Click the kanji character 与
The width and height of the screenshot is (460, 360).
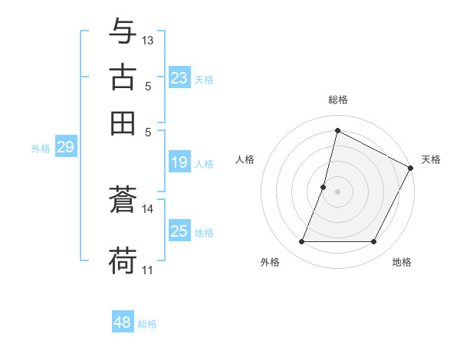click(123, 33)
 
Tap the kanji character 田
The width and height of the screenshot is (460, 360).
click(123, 123)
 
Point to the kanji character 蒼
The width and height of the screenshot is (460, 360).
click(123, 201)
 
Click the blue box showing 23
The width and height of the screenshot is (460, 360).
click(179, 78)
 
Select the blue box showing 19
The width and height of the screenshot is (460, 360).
click(179, 162)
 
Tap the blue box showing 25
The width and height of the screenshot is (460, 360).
click(179, 231)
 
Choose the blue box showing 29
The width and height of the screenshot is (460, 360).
click(65, 148)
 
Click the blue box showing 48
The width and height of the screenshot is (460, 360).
click(123, 322)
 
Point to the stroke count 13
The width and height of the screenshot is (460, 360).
click(148, 40)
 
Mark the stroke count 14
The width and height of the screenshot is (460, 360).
click(148, 208)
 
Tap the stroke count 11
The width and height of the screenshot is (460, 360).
click(148, 270)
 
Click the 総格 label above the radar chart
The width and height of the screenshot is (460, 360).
click(338, 100)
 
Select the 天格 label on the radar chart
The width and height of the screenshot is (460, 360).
click(431, 159)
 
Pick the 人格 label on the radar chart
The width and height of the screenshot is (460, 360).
click(245, 159)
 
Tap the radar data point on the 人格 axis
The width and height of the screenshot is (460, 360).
click(324, 187)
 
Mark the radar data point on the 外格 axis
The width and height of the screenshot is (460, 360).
click(301, 242)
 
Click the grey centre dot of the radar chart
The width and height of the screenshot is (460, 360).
click(338, 191)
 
